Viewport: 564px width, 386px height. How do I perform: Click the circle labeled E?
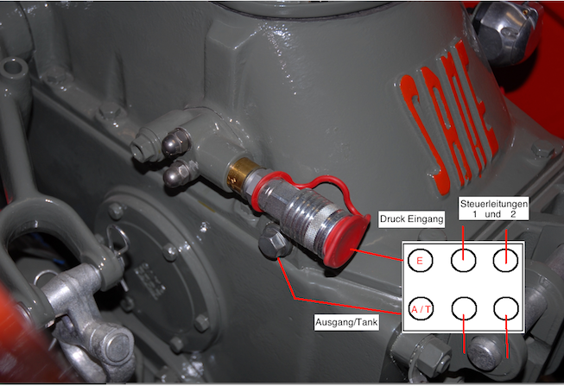(x=420, y=260)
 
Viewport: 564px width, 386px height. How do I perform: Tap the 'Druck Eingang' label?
(x=411, y=219)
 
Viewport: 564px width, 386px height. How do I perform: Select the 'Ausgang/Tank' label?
(x=346, y=322)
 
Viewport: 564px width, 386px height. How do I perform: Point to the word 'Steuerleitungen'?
(x=494, y=204)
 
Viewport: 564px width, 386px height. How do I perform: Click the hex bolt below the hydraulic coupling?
(x=275, y=241)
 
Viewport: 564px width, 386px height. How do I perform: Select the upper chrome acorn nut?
(x=176, y=142)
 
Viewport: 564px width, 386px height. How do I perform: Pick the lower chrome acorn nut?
(x=179, y=173)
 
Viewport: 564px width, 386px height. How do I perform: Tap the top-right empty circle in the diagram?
(x=505, y=260)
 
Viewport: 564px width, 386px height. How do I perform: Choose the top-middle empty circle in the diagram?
(x=463, y=260)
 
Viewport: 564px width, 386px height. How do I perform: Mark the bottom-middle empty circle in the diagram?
(x=464, y=308)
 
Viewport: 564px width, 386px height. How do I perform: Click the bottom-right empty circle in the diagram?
(x=506, y=308)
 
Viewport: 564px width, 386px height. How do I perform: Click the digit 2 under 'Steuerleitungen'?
(x=513, y=214)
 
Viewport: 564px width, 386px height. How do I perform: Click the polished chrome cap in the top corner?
(x=505, y=32)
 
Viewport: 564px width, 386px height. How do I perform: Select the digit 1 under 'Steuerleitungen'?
(x=475, y=214)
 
